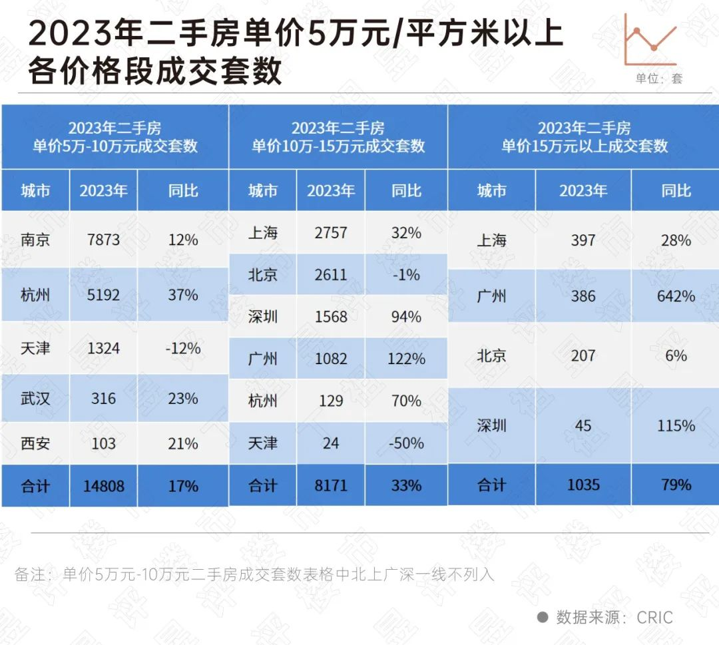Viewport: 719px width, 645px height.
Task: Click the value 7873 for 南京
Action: pos(103,240)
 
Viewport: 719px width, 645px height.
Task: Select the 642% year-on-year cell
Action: pos(676,296)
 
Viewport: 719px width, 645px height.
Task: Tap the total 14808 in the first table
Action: pos(103,486)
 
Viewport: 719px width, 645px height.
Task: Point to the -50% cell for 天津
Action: pos(406,443)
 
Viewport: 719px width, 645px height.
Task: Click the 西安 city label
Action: pos(35,443)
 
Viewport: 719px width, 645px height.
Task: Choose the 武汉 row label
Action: pos(35,399)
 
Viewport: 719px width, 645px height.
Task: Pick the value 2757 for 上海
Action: pos(330,233)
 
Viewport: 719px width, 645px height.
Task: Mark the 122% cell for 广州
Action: pos(406,359)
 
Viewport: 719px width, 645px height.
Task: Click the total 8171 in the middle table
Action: pos(330,485)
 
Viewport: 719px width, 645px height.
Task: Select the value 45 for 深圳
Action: pos(583,425)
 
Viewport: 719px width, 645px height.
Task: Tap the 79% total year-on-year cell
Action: pos(676,485)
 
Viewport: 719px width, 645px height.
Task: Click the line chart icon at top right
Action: pos(650,40)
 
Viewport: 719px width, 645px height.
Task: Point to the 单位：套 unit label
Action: pos(658,79)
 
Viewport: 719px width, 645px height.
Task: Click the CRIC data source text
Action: pos(654,618)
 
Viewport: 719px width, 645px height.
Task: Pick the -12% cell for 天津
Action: pos(183,348)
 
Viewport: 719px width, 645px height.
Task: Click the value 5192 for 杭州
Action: pos(103,294)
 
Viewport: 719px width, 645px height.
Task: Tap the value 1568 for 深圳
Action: pos(330,317)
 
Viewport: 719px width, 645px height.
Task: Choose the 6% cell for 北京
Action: pos(676,355)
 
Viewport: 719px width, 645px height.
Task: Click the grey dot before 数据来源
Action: pos(543,617)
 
